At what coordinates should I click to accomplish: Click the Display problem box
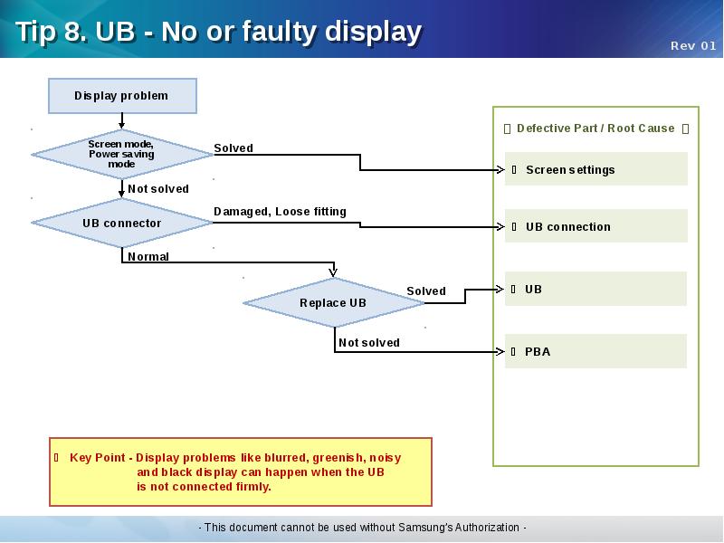(x=121, y=96)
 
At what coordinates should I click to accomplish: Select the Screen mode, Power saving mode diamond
(x=121, y=154)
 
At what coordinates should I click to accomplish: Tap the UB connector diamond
(x=121, y=224)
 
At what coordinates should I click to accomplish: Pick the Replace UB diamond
(x=333, y=303)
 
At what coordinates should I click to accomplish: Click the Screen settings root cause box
(x=595, y=169)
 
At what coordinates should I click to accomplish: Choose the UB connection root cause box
(x=595, y=226)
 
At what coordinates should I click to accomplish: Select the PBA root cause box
(x=595, y=351)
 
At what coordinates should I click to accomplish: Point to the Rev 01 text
(x=693, y=46)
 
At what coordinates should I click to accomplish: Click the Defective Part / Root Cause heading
(x=595, y=129)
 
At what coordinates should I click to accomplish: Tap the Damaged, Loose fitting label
(x=280, y=212)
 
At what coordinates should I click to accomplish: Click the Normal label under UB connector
(x=148, y=257)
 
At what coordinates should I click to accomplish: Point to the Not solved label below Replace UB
(x=369, y=343)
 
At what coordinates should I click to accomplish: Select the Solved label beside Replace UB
(x=426, y=291)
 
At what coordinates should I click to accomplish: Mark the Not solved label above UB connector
(x=158, y=189)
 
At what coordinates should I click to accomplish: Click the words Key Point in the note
(x=98, y=458)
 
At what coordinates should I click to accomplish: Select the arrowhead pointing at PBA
(x=500, y=351)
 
